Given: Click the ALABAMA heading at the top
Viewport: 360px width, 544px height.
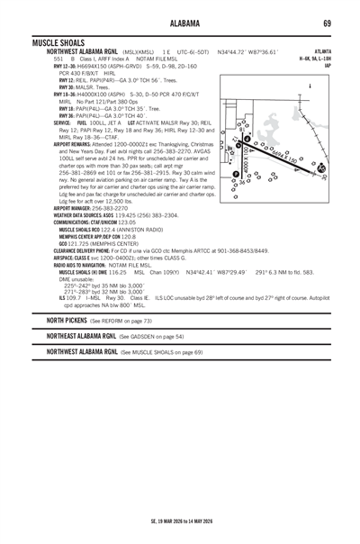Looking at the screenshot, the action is [180, 22].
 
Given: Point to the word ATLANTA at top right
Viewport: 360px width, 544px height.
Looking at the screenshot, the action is [322, 51].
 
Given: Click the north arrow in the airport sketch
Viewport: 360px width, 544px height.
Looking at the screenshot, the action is [310, 87].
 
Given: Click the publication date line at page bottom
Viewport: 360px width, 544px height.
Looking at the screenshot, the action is [180, 520].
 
